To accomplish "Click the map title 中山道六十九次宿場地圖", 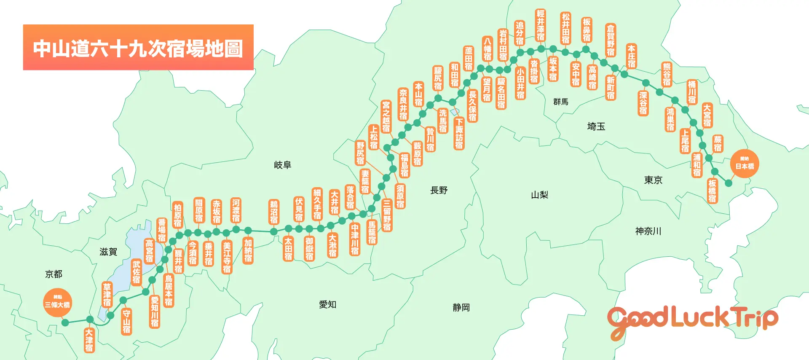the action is pyautogui.click(x=138, y=48).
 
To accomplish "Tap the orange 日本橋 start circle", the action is pyautogui.click(x=745, y=164).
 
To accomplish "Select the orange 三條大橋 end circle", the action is pyautogui.click(x=57, y=302).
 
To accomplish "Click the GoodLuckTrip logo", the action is pyautogui.click(x=692, y=321).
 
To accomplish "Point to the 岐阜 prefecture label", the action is pyautogui.click(x=282, y=165).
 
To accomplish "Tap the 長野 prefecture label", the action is pyautogui.click(x=439, y=190).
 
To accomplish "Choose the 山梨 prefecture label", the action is pyautogui.click(x=539, y=195).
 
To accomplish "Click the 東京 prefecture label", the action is pyautogui.click(x=653, y=180).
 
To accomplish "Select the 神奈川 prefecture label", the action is pyautogui.click(x=648, y=231).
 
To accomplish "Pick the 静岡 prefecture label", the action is pyautogui.click(x=461, y=307).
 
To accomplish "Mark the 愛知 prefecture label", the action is pyautogui.click(x=327, y=304).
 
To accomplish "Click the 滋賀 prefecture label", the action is pyautogui.click(x=108, y=252).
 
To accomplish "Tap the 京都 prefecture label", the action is pyautogui.click(x=54, y=274).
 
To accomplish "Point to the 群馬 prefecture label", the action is pyautogui.click(x=560, y=102).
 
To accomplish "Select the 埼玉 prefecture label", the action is pyautogui.click(x=596, y=126).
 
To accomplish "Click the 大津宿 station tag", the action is pyautogui.click(x=89, y=340).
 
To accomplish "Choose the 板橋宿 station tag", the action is pyautogui.click(x=712, y=191).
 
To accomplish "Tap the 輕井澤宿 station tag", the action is pyautogui.click(x=541, y=25).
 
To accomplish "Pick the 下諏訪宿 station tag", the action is pyautogui.click(x=459, y=133).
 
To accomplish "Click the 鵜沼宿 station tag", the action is pyautogui.click(x=274, y=212).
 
